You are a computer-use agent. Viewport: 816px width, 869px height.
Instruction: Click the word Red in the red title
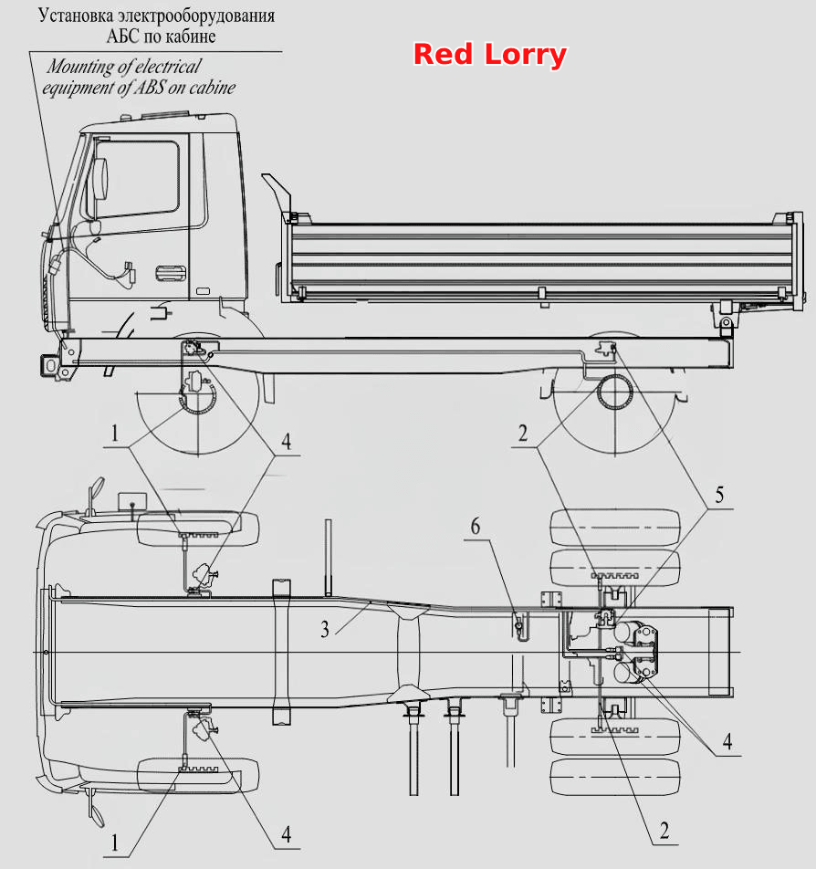(x=443, y=55)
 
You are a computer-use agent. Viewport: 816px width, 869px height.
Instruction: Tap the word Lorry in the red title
(x=526, y=56)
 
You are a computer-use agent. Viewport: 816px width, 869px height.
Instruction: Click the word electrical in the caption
(x=168, y=67)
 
